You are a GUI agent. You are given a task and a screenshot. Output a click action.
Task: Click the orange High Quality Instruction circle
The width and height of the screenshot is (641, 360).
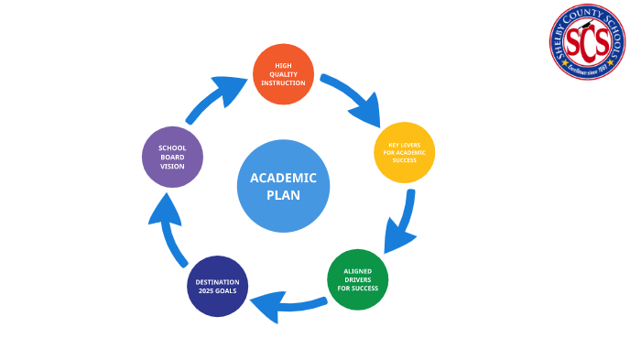(x=283, y=74)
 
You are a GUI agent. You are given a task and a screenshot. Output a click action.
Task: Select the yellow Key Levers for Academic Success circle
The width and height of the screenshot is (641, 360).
(x=404, y=152)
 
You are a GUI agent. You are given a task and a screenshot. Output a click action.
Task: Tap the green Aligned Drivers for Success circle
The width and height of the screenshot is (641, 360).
(x=357, y=279)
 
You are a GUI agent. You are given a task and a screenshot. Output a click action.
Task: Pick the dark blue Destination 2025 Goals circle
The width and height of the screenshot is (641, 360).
(x=217, y=286)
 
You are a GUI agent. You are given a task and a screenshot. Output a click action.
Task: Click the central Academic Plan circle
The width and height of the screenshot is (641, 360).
(x=283, y=186)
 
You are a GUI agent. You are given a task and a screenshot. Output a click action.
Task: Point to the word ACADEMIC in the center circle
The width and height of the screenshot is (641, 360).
(x=283, y=178)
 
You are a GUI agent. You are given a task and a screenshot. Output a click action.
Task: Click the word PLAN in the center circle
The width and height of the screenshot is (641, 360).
(x=283, y=195)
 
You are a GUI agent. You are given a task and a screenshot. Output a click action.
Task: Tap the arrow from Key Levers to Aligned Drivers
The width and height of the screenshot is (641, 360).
(x=403, y=223)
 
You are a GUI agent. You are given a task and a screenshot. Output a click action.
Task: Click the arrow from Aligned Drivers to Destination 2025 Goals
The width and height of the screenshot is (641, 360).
(x=284, y=304)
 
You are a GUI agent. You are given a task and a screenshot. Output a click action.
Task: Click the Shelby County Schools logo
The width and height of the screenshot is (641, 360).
(x=587, y=42)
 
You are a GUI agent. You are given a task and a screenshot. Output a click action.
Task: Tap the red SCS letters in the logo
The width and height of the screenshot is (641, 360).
(x=587, y=41)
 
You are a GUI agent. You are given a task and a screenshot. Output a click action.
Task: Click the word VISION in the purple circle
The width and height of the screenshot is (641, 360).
(x=172, y=167)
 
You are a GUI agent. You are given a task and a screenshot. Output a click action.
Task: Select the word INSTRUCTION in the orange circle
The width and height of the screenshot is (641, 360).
(x=283, y=83)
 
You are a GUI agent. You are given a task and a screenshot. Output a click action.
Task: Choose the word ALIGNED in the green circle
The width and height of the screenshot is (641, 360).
(x=357, y=272)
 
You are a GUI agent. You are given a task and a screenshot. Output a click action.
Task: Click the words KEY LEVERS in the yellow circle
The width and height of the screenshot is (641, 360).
(x=404, y=145)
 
